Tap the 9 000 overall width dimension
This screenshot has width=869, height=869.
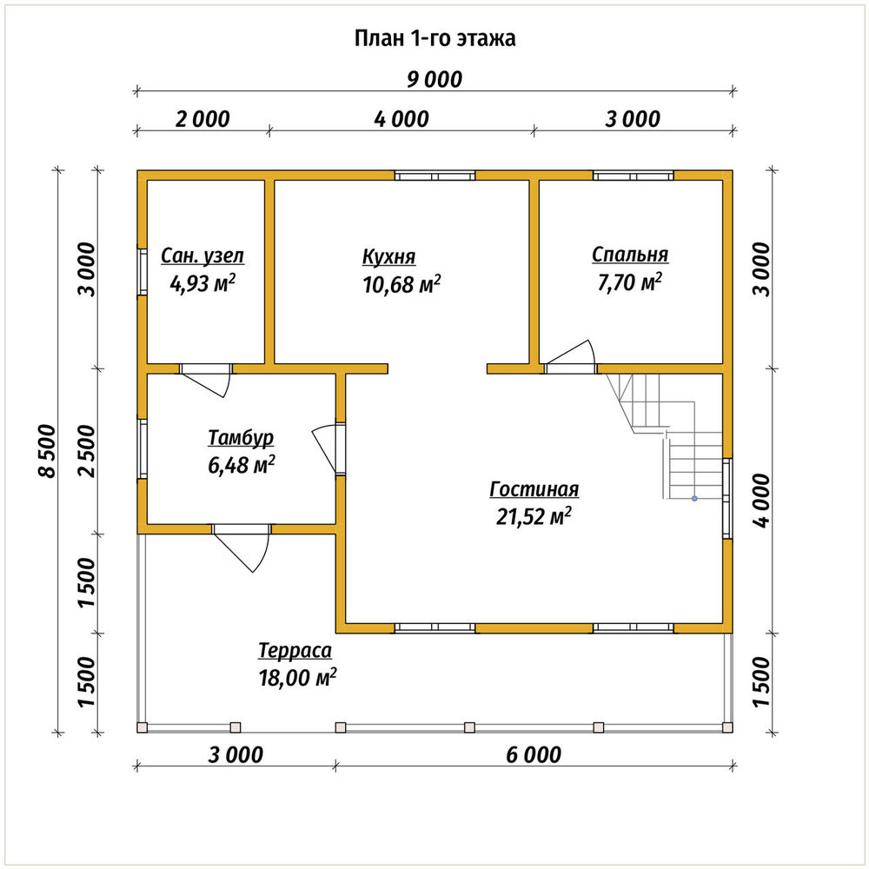coord(434,80)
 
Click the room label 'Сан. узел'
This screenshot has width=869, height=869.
coord(202,256)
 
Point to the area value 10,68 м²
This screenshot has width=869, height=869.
coord(401,284)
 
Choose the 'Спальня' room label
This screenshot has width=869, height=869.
coord(630,255)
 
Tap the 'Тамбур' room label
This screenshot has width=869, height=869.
coord(241,437)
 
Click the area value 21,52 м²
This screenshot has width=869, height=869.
coord(534,516)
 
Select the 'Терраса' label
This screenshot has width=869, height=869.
coord(295,651)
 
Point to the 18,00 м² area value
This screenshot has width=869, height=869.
coord(297,677)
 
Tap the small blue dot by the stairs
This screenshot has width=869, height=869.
coord(693,499)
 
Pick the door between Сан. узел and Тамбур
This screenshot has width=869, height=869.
coord(206,381)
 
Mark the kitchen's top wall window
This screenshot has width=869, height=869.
coord(435,176)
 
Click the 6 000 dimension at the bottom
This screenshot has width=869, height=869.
coord(534,755)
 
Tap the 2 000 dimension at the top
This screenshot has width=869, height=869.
coord(202,119)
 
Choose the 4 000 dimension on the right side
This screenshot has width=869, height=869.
coord(761,501)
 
